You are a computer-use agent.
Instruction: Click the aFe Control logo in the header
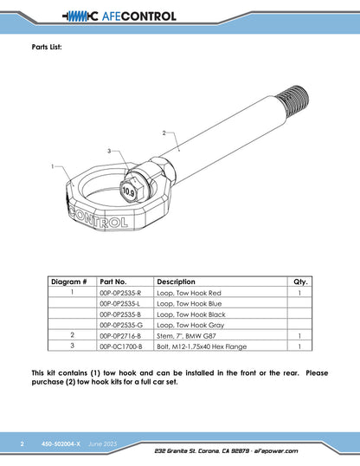pyautogui.click(x=119, y=16)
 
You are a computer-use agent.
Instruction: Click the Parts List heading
pyautogui.click(x=47, y=47)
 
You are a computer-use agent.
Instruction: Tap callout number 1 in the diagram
pyautogui.click(x=53, y=166)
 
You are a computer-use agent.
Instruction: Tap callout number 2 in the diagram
pyautogui.click(x=164, y=133)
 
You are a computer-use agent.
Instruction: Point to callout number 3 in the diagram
pyautogui.click(x=109, y=151)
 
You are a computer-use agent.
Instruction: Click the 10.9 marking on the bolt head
pyautogui.click(x=128, y=192)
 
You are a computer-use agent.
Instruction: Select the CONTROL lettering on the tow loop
pyautogui.click(x=99, y=219)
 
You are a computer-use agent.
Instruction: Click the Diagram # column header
pyautogui.click(x=69, y=282)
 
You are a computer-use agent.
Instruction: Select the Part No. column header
pyautogui.click(x=113, y=282)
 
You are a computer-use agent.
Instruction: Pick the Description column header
pyautogui.click(x=177, y=282)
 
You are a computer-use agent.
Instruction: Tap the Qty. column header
pyautogui.click(x=300, y=282)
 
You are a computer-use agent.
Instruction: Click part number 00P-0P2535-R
pyautogui.click(x=120, y=293)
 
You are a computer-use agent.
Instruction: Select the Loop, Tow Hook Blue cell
pyautogui.click(x=190, y=304)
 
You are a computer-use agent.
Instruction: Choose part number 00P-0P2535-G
pyautogui.click(x=121, y=325)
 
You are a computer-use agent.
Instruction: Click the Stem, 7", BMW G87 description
pyautogui.click(x=187, y=336)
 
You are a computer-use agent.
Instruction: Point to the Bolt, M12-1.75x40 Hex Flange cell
pyautogui.click(x=202, y=346)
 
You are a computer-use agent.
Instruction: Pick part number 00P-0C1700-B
pyautogui.click(x=121, y=346)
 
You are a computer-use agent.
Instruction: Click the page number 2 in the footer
pyautogui.click(x=22, y=444)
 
